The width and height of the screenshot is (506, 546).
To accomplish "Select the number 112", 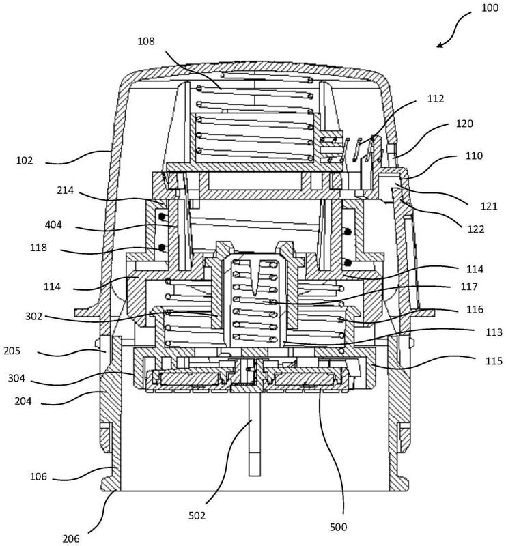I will [x=436, y=99].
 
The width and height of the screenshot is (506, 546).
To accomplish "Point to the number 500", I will [x=338, y=527].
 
